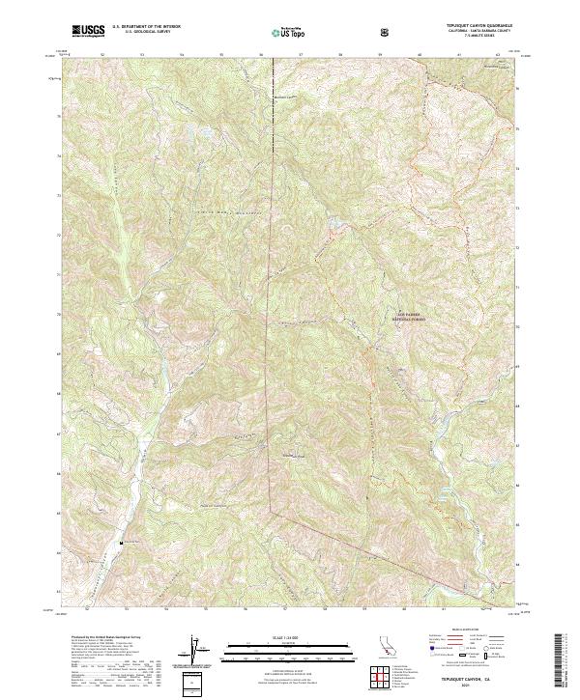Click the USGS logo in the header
(x=88, y=32)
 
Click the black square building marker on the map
(x=121, y=543)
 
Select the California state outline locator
(x=385, y=649)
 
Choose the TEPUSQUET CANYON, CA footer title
(x=476, y=678)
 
